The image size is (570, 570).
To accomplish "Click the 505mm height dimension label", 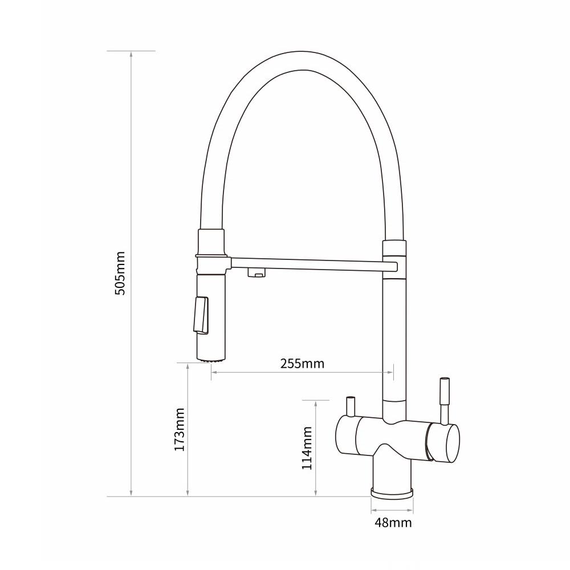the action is click(120, 273).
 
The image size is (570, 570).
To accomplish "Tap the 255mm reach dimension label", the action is click(302, 364).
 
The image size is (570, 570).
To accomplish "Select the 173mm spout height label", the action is click(179, 430).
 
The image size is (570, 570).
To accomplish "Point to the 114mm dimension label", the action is click(307, 448).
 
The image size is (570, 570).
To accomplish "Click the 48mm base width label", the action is click(393, 523).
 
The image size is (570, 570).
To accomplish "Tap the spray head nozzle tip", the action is click(211, 360).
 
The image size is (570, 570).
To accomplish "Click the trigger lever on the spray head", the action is click(201, 315).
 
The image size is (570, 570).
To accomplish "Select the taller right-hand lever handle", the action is click(445, 401).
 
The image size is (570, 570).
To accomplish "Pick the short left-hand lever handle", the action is click(351, 406).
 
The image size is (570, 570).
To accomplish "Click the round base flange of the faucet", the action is click(392, 493).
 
